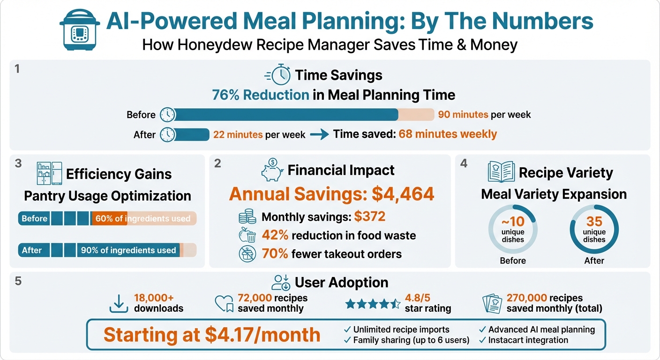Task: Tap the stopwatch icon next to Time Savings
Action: pyautogui.click(x=277, y=75)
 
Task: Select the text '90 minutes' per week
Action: pyautogui.click(x=463, y=115)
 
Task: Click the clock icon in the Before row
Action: pyautogui.click(x=167, y=115)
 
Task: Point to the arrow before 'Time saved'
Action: pyautogui.click(x=319, y=135)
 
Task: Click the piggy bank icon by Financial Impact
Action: pyautogui.click(x=272, y=171)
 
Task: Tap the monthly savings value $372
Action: pyautogui.click(x=369, y=217)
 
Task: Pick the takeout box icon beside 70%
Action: pyautogui.click(x=247, y=254)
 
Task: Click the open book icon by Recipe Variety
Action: pyautogui.click(x=501, y=172)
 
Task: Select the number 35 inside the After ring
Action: pyautogui.click(x=594, y=221)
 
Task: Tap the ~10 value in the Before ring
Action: pyautogui.click(x=512, y=221)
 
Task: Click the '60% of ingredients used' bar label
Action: pyautogui.click(x=142, y=218)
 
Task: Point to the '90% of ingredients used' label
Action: pyautogui.click(x=128, y=250)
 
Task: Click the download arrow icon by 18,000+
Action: pyautogui.click(x=119, y=303)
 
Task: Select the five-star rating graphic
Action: pyautogui.click(x=373, y=304)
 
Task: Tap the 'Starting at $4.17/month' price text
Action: pyautogui.click(x=212, y=335)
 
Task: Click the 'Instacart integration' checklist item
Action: pyautogui.click(x=528, y=340)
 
